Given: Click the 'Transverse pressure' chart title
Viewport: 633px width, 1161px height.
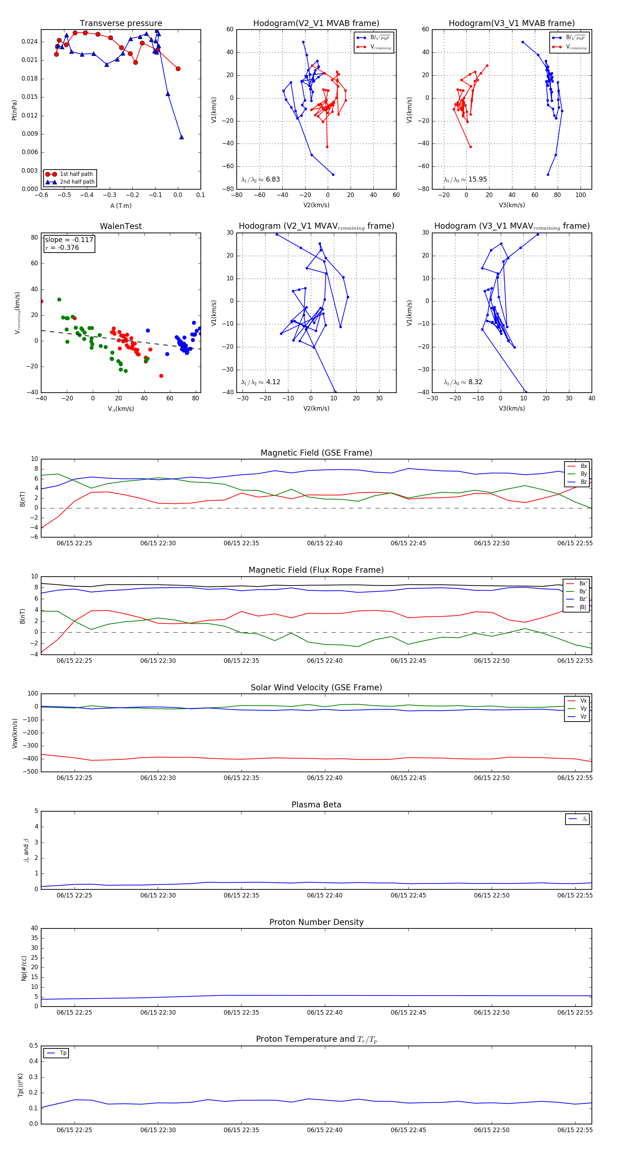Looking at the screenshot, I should (x=121, y=24).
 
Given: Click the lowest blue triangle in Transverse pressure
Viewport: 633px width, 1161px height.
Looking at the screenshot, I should (x=181, y=137).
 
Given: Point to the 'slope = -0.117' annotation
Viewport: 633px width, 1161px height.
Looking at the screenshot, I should (x=69, y=240).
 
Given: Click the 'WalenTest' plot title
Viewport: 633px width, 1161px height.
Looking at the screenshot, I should (x=121, y=226).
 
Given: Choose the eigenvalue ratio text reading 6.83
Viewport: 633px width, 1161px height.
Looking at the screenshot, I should (x=260, y=179).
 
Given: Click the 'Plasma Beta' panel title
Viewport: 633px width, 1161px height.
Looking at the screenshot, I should (x=316, y=805).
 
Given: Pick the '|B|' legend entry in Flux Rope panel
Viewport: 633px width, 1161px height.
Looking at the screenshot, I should (x=583, y=607).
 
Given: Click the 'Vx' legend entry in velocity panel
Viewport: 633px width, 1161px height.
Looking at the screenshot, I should (x=583, y=701).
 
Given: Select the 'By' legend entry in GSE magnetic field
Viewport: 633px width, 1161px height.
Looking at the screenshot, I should (x=583, y=474).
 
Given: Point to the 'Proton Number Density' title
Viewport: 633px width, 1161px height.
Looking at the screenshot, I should (x=316, y=922).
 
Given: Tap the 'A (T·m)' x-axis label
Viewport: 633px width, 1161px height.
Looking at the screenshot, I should (x=121, y=205).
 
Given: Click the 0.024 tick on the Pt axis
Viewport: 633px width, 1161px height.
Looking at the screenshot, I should (x=30, y=42).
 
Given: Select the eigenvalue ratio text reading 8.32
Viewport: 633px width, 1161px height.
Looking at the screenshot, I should (x=463, y=382).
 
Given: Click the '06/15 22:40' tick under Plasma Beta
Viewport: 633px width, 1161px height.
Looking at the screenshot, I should (x=324, y=895).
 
